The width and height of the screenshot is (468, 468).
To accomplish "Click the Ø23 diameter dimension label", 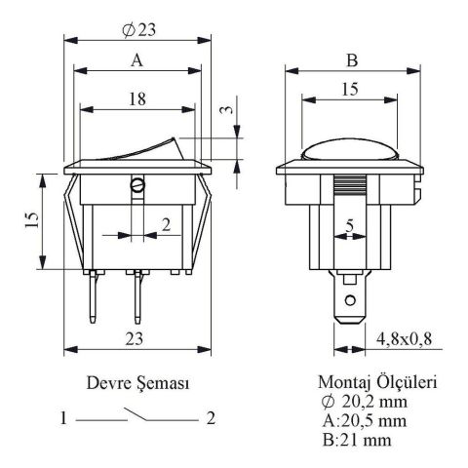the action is (x=138, y=30).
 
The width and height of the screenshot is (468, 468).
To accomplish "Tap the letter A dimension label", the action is (x=136, y=60).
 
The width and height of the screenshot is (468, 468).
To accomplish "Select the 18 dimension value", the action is (x=137, y=98).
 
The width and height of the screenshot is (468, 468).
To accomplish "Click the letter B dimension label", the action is (x=352, y=60).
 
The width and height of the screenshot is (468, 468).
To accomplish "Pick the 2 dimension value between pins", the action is (x=166, y=224).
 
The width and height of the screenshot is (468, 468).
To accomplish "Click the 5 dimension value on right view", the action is (x=349, y=225).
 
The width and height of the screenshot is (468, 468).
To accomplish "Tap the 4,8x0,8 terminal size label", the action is (x=404, y=339).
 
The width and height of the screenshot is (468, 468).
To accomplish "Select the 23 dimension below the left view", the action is (x=135, y=339).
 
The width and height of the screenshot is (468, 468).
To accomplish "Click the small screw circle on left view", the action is (x=137, y=185).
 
